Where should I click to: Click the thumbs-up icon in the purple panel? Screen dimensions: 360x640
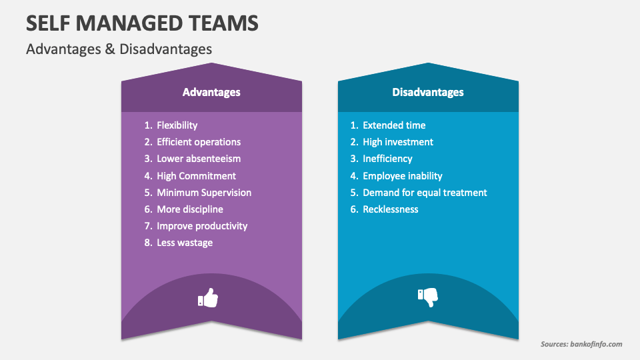click(x=209, y=298)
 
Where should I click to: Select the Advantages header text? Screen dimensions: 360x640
click(x=211, y=92)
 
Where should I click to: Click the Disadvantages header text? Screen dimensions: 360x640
click(x=428, y=92)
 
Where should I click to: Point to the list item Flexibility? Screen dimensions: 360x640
click(x=177, y=125)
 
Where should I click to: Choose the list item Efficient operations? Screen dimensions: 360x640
click(x=198, y=142)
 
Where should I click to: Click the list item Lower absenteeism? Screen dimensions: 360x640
click(x=199, y=159)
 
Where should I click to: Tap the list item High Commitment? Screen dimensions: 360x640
click(x=196, y=176)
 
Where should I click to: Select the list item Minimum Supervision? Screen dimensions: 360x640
click(x=204, y=193)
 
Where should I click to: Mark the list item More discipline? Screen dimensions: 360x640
click(x=189, y=209)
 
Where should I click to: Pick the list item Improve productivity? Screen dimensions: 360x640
click(x=202, y=226)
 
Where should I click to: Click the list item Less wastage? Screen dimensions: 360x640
click(x=185, y=243)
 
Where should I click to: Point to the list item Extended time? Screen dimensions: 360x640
click(x=394, y=125)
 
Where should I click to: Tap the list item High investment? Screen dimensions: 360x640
click(x=398, y=142)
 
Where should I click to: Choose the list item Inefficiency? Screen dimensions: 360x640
click(x=387, y=159)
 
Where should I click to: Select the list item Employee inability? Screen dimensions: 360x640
click(x=403, y=176)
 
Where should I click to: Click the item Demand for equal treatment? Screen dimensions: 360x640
click(x=425, y=193)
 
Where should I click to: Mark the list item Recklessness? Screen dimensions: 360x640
click(x=391, y=209)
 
